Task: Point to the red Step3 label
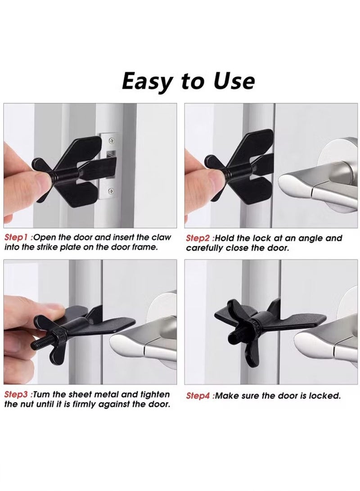17,395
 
